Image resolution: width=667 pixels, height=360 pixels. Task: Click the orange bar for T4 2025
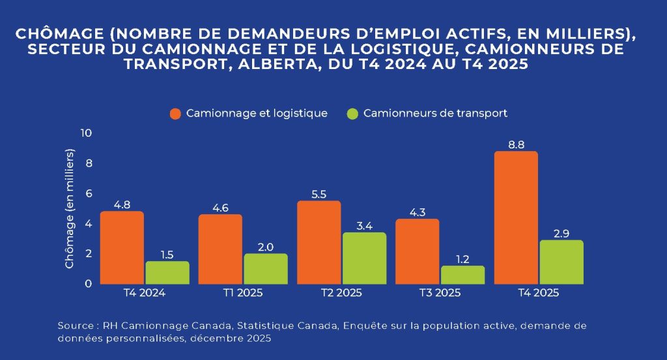tap(517, 218)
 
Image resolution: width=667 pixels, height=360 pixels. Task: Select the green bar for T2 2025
tap(364, 258)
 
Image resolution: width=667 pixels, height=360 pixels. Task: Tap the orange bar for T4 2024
tap(122, 247)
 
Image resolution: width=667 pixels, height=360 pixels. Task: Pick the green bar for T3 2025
tap(462, 275)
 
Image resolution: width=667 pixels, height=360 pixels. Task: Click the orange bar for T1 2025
tap(220, 249)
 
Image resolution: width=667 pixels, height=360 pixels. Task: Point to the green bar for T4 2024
tap(167, 273)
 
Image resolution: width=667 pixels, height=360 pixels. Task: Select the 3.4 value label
tap(364, 226)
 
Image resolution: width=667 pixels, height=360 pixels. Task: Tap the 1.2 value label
tap(462, 259)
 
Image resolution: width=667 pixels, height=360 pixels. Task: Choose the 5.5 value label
tap(319, 194)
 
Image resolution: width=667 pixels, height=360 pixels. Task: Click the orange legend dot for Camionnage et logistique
tap(175, 113)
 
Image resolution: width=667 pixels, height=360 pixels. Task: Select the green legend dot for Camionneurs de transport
tap(352, 113)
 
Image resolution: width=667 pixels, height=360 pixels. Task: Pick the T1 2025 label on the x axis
tap(242, 293)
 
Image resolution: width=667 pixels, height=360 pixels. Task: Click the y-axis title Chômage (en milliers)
tap(70, 208)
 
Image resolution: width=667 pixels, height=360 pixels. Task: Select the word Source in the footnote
tap(75, 325)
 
